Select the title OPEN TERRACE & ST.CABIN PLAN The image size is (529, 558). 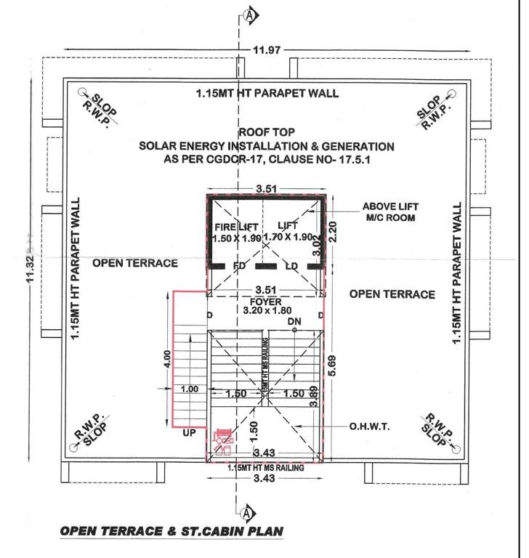pyautogui.click(x=171, y=531)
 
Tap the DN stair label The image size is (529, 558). pyautogui.click(x=294, y=321)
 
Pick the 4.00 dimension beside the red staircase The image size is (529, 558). pyautogui.click(x=167, y=360)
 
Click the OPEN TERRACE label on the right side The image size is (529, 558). pyautogui.click(x=392, y=294)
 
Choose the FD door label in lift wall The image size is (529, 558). pyautogui.click(x=238, y=267)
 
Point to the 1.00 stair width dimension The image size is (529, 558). pyautogui.click(x=190, y=389)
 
